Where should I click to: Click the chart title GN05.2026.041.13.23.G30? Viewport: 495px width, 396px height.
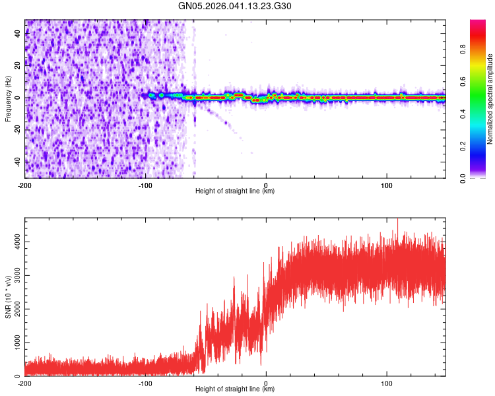pyautogui.click(x=235, y=6)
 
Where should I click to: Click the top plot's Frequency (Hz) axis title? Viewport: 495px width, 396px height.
pyautogui.click(x=8, y=99)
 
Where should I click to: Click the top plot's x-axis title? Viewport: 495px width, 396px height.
pyautogui.click(x=235, y=191)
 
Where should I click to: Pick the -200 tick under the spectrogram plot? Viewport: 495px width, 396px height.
pyautogui.click(x=25, y=184)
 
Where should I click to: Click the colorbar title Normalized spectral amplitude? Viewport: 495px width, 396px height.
pyautogui.click(x=490, y=99)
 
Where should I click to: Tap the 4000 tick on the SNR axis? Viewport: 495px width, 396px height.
pyautogui.click(x=14, y=242)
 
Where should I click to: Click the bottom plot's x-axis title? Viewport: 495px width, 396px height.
pyautogui.click(x=235, y=389)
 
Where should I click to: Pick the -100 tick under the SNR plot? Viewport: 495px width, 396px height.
pyautogui.click(x=145, y=383)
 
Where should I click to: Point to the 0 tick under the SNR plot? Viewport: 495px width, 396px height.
pyautogui.click(x=266, y=383)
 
